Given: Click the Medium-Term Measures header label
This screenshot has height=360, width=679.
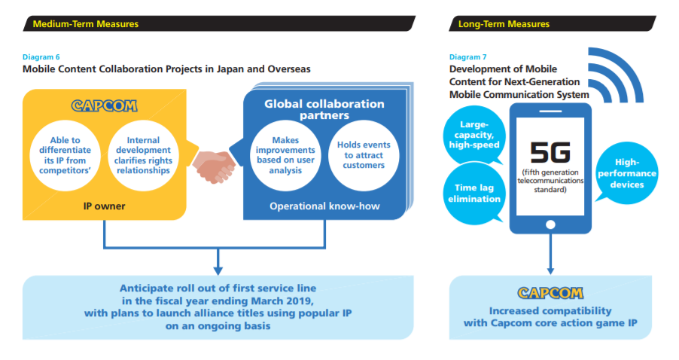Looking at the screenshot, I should click(x=86, y=24).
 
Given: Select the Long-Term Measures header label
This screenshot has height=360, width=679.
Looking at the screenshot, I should click(x=504, y=24).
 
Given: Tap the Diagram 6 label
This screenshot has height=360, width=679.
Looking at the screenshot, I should click(x=42, y=57).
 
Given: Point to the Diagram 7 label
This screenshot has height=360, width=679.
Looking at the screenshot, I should click(x=467, y=57).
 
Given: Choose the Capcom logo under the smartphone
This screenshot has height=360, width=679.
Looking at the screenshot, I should click(x=548, y=292).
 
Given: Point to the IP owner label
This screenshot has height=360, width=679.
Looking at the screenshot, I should click(x=105, y=204).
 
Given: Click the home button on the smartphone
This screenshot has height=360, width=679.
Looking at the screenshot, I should click(x=548, y=224).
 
